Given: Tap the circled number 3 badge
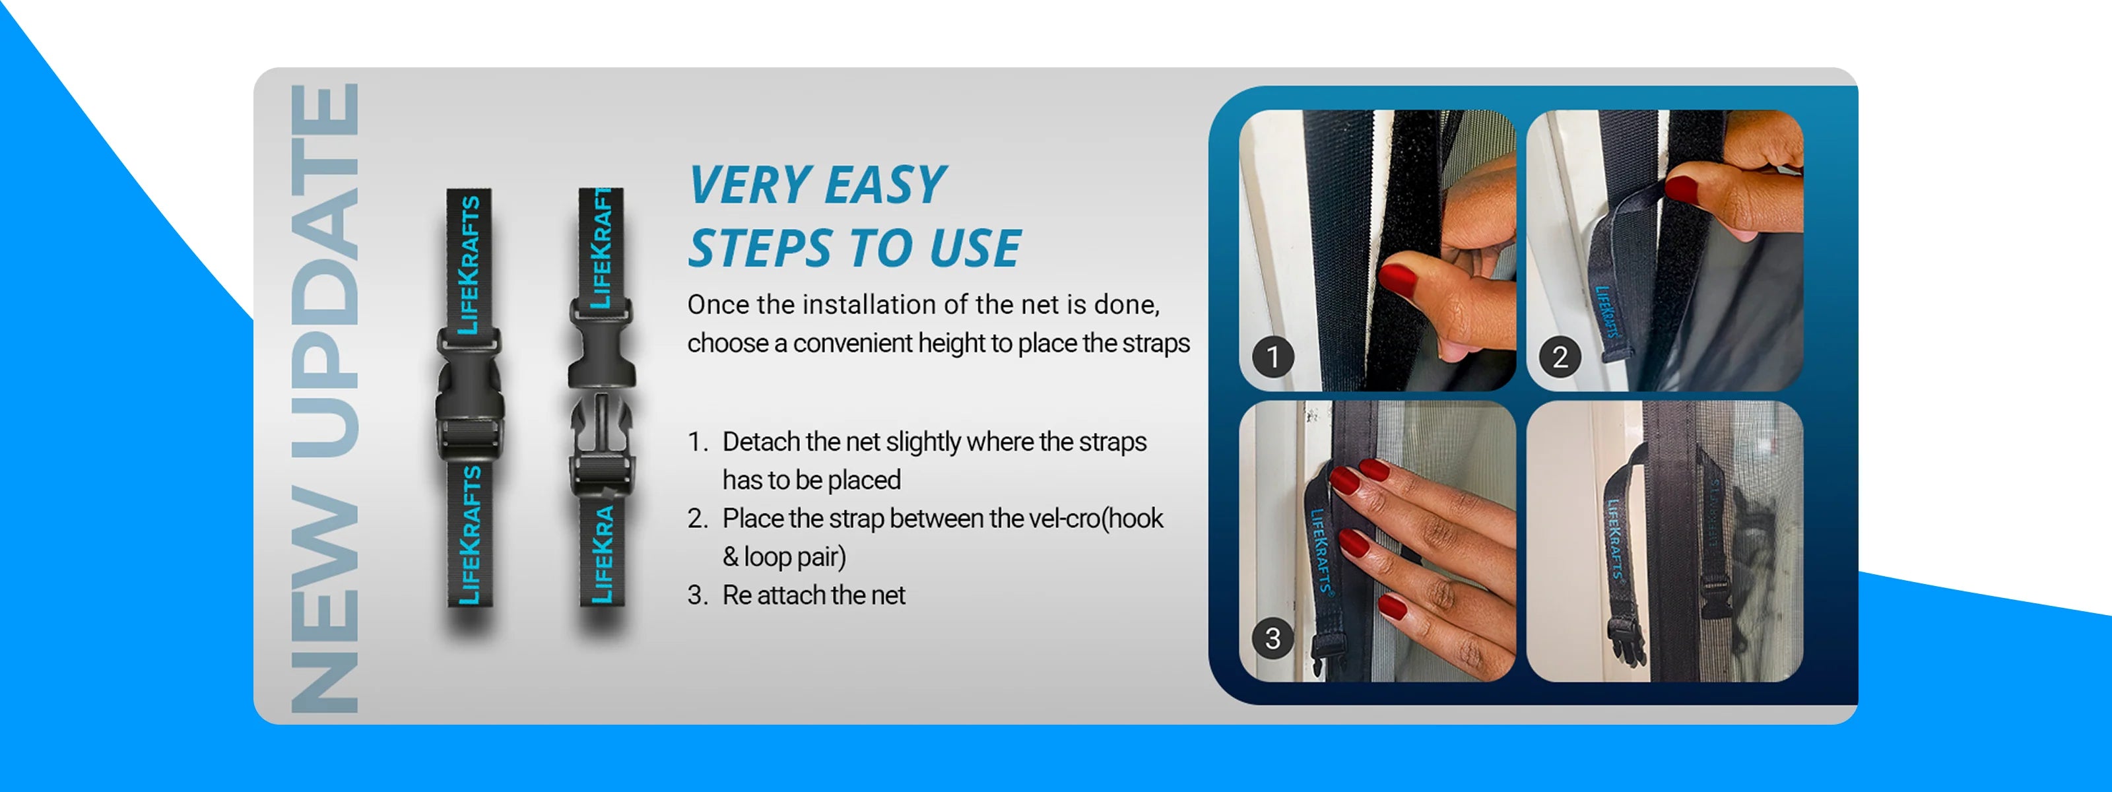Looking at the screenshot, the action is click(1273, 638).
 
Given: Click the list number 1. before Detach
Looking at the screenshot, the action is click(698, 442).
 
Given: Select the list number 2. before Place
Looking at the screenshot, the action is click(698, 518).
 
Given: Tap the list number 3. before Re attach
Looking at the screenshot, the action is click(698, 595).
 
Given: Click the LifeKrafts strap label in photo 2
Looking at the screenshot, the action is click(1607, 312).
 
